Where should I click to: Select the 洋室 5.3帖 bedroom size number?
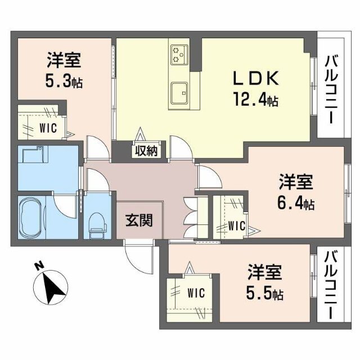coord(64,82)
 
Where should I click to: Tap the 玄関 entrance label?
coord(138,220)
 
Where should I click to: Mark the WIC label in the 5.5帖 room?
coord(195,294)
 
